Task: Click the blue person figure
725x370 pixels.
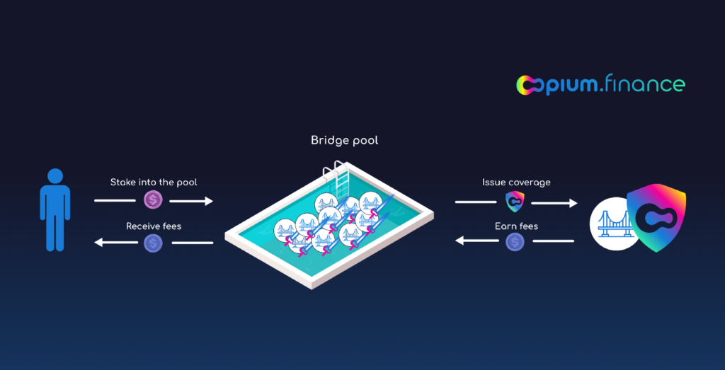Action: tap(55, 212)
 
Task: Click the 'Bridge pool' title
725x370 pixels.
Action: tap(344, 140)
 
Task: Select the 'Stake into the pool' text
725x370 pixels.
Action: tap(154, 183)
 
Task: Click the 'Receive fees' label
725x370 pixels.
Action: tap(154, 226)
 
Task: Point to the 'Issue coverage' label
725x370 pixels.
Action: tap(516, 183)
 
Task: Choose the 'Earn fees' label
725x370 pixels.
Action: tap(516, 226)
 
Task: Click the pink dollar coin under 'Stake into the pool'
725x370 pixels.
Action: tap(154, 201)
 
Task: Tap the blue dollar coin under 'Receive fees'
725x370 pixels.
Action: tap(154, 243)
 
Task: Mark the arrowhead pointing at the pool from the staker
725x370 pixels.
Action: tap(208, 202)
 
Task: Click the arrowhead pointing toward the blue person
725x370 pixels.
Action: tap(99, 243)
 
